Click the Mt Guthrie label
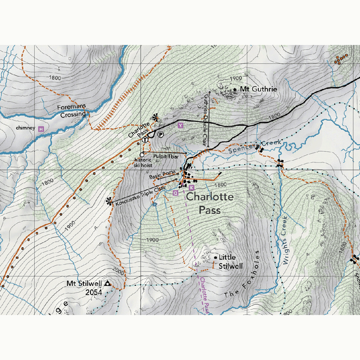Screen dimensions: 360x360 tap(259, 89)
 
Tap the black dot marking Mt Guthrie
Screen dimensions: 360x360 tap(236, 89)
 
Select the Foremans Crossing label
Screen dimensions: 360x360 tap(73, 111)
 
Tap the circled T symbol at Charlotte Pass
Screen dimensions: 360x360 tap(146, 139)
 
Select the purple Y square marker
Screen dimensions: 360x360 tap(180, 125)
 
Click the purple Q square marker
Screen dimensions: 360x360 tap(175, 193)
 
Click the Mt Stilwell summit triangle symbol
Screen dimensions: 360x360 tap(107, 283)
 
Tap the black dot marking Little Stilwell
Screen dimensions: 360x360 tap(215, 257)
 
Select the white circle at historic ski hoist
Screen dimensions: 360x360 tap(141, 154)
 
